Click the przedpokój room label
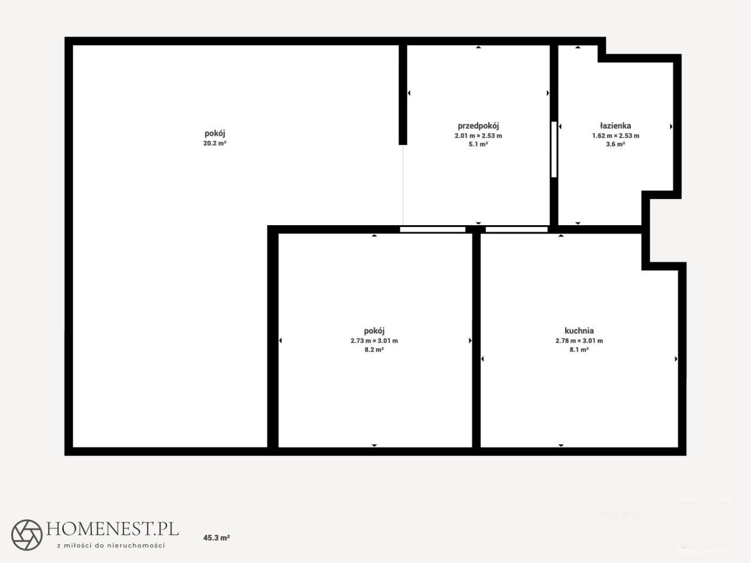(x=478, y=126)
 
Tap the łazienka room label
(x=616, y=126)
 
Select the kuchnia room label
(x=580, y=330)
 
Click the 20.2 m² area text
(x=215, y=143)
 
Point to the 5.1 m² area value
(x=478, y=145)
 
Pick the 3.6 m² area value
(x=616, y=145)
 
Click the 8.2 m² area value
(x=374, y=350)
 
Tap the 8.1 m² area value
(x=579, y=350)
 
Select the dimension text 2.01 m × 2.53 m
(x=478, y=136)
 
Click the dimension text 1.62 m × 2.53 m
(x=616, y=136)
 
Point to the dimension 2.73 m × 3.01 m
(x=374, y=340)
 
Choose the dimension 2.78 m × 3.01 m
(x=579, y=340)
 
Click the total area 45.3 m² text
(x=217, y=538)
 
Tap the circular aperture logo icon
(x=27, y=535)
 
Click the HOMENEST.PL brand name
(x=113, y=529)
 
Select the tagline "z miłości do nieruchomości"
(x=111, y=545)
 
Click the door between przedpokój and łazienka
(x=554, y=150)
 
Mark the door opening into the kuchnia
(x=517, y=229)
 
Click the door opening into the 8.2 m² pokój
(x=432, y=229)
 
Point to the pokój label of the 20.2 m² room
(x=215, y=133)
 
